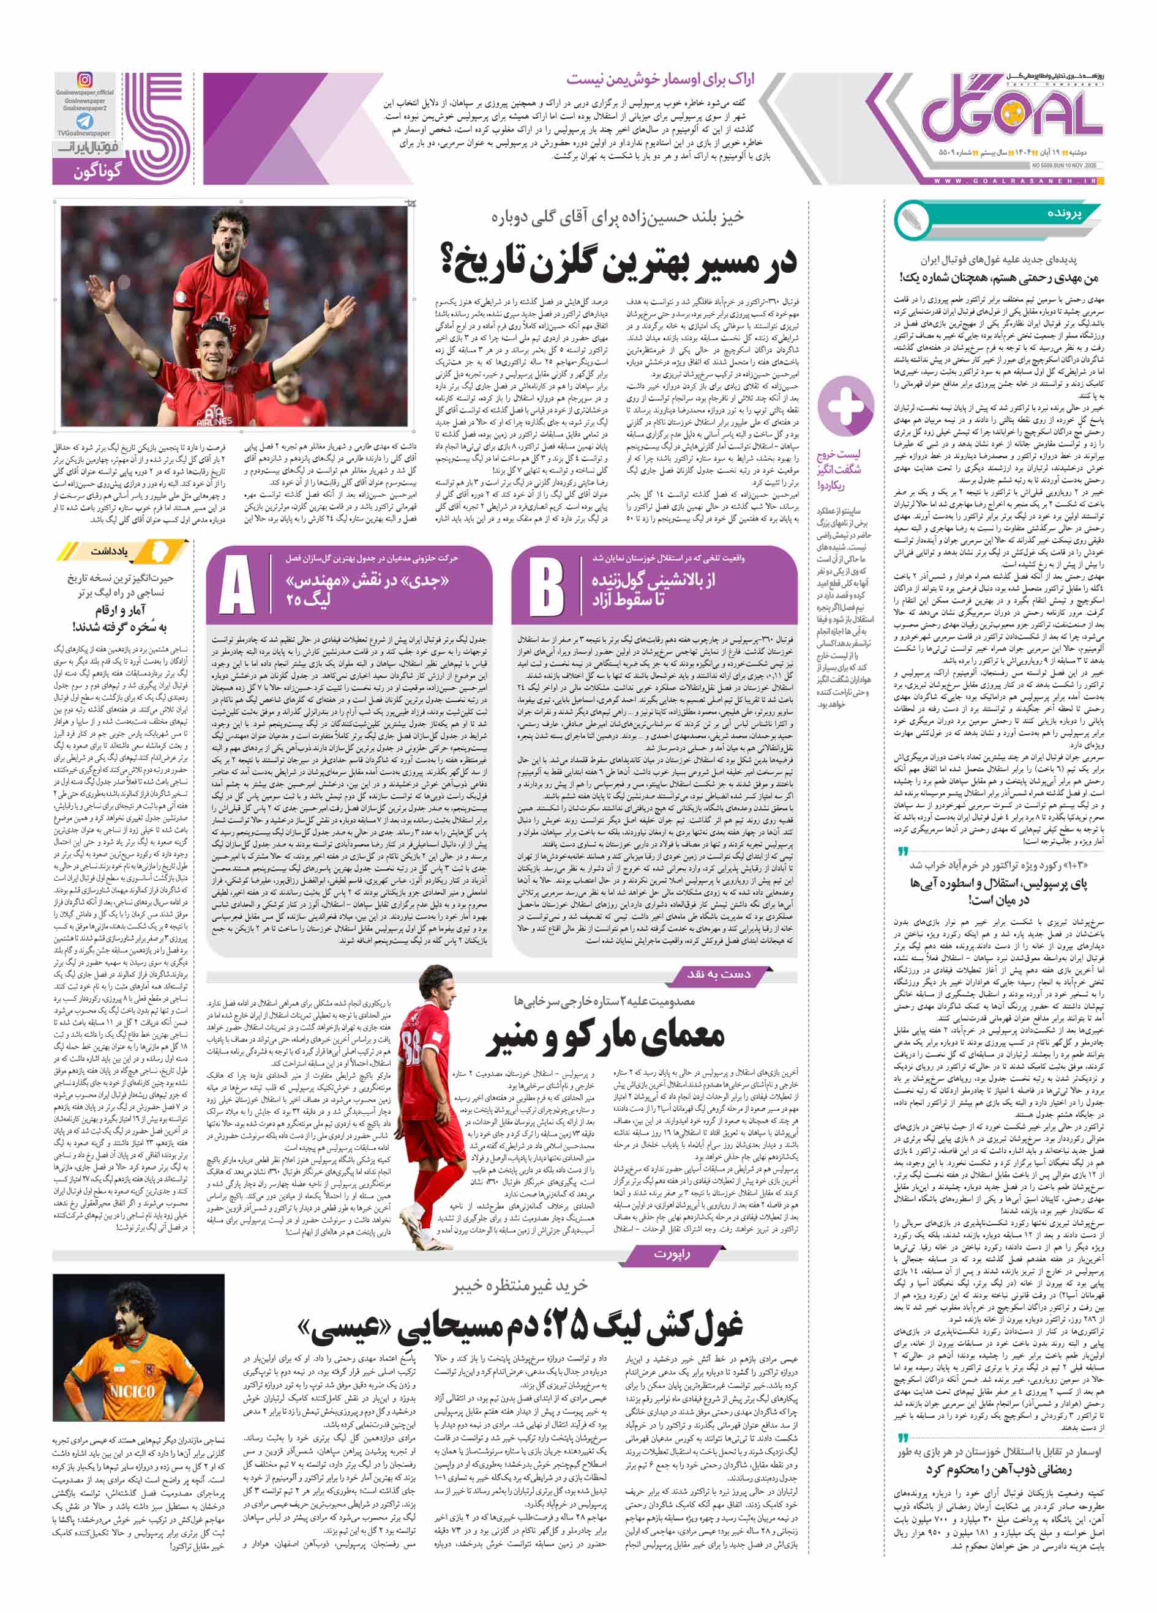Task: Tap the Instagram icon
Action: click(x=84, y=80)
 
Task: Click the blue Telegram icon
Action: click(x=84, y=121)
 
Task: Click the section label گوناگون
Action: click(x=97, y=171)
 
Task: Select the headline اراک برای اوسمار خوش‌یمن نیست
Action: click(x=661, y=80)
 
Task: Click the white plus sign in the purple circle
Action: click(x=845, y=406)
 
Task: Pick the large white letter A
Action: click(x=237, y=586)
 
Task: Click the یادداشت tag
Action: click(x=109, y=551)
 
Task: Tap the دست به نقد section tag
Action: click(x=719, y=974)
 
